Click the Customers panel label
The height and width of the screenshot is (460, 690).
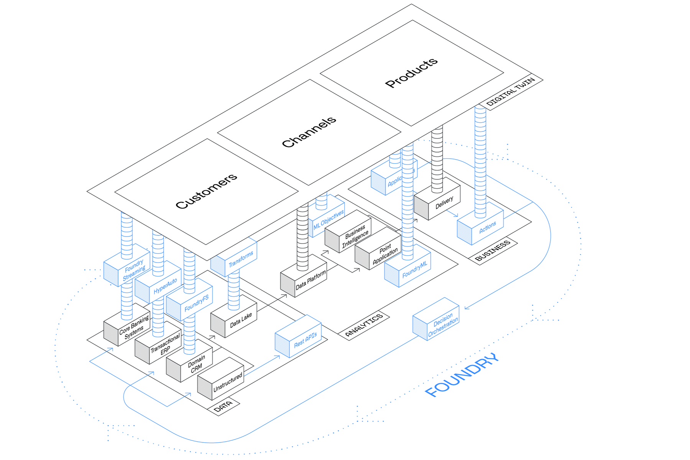(206, 191)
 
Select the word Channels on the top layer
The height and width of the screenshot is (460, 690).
(309, 132)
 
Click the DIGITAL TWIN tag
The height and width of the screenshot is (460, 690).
(511, 92)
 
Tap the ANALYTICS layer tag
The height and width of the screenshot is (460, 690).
(364, 325)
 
